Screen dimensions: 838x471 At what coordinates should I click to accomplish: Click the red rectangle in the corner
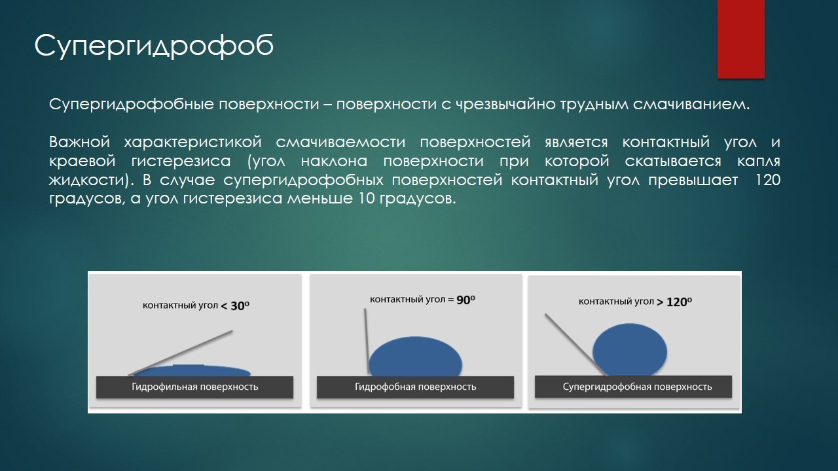740,39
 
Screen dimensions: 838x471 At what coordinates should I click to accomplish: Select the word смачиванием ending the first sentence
691,104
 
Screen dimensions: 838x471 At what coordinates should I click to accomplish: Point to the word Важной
80,143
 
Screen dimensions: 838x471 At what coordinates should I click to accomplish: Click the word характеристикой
192,143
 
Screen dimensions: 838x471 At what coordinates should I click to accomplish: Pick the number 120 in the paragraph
768,180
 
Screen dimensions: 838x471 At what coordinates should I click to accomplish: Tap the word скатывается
673,162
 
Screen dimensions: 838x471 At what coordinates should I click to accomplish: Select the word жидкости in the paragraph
91,180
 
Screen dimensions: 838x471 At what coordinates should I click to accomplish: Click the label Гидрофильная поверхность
195,387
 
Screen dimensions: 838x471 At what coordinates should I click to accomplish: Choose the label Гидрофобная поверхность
415,387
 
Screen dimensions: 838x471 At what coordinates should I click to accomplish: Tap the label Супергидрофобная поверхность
637,387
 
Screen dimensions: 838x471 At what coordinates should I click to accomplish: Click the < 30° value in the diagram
235,306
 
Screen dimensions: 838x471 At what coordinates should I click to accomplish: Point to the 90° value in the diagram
465,300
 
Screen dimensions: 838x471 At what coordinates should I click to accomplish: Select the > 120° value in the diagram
674,302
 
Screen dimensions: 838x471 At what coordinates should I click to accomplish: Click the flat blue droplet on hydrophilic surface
192,371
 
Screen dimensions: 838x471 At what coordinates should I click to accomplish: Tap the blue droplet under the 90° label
415,357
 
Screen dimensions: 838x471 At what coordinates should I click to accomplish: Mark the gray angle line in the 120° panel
575,345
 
